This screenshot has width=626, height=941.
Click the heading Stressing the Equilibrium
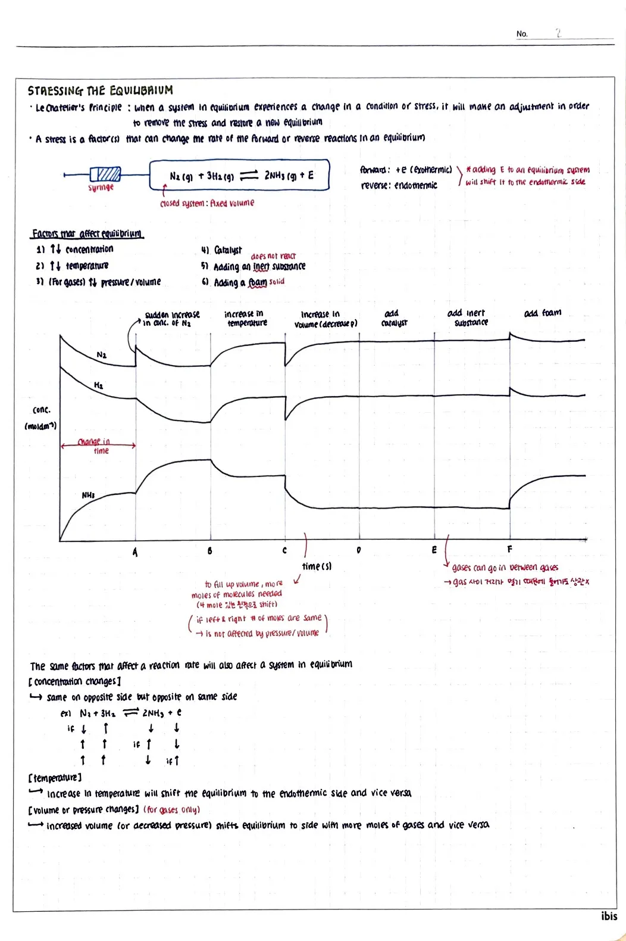[x=100, y=91]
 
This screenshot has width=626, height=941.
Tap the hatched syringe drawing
[x=106, y=174]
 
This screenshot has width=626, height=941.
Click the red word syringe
[x=101, y=188]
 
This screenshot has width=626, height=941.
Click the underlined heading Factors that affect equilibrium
[x=87, y=233]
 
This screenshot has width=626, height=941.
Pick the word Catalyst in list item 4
[x=228, y=250]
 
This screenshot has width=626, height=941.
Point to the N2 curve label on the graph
[x=102, y=355]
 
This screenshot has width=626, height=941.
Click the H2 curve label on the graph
[x=98, y=386]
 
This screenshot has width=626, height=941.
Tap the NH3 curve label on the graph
[x=88, y=496]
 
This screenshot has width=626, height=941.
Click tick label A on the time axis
[x=135, y=552]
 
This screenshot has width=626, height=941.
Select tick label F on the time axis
[x=509, y=549]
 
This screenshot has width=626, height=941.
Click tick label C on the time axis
[x=284, y=550]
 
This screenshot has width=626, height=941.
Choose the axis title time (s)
[x=317, y=566]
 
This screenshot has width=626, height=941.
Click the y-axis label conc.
[x=42, y=410]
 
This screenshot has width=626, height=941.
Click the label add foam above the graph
[x=542, y=313]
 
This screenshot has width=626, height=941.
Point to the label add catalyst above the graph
[x=393, y=318]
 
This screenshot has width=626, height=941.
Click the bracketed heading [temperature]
[x=54, y=778]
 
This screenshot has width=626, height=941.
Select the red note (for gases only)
[x=171, y=810]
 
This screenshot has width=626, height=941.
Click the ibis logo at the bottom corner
[x=609, y=916]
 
